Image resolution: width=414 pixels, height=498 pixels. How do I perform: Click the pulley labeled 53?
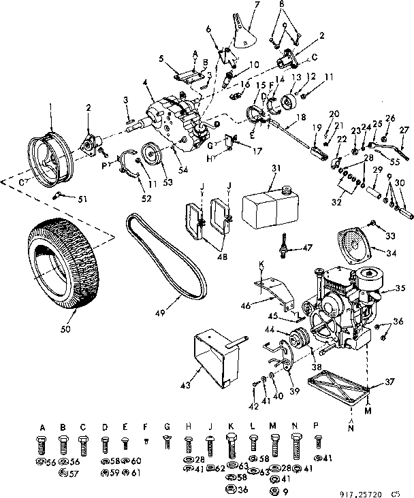point(149,155)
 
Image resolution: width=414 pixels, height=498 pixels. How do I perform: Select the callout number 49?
point(160,313)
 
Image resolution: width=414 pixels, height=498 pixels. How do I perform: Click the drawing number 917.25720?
point(364,488)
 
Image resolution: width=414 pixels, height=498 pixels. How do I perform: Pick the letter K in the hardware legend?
point(232,427)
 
